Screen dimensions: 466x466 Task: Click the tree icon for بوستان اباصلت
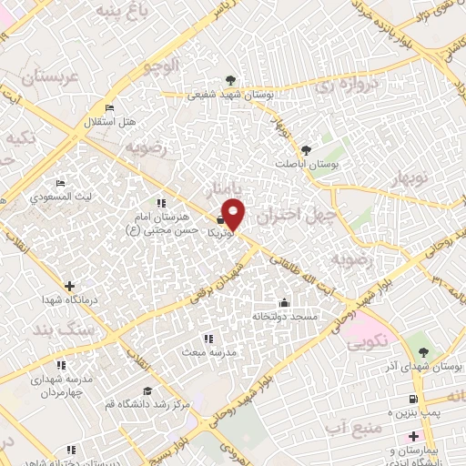coord(305,149)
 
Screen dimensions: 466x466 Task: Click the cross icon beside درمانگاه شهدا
coord(69,285)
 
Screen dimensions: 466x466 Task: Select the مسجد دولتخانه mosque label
coord(284,316)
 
